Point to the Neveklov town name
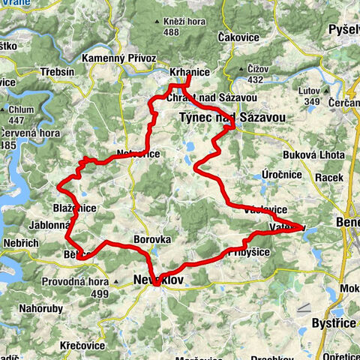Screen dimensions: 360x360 [x=158, y=278]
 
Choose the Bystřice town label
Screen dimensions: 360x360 [x=334, y=323]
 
